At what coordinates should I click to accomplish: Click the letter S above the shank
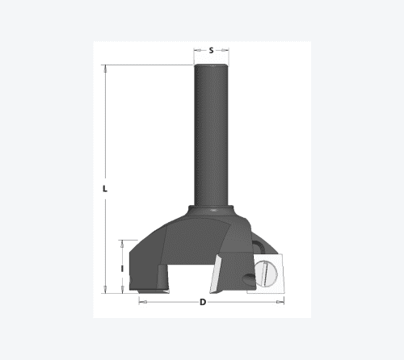[211, 50]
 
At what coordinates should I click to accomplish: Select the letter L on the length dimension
[105, 189]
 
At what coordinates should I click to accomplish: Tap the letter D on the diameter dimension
[203, 302]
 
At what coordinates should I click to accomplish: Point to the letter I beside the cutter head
[122, 268]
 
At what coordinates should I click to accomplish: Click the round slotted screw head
[265, 274]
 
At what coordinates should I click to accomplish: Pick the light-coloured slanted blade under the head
[216, 274]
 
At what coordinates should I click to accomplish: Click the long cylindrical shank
[211, 136]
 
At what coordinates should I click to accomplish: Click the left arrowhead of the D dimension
[143, 302]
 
